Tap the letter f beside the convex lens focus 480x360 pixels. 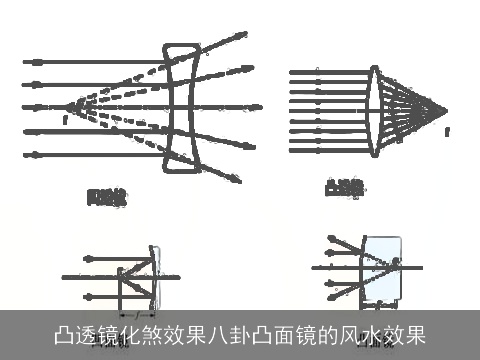(x=447, y=131)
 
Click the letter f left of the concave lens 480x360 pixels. (x=64, y=120)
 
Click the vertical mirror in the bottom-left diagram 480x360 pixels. (x=154, y=276)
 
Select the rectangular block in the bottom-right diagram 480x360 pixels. (x=385, y=270)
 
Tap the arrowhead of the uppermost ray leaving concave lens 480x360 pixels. (x=244, y=33)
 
